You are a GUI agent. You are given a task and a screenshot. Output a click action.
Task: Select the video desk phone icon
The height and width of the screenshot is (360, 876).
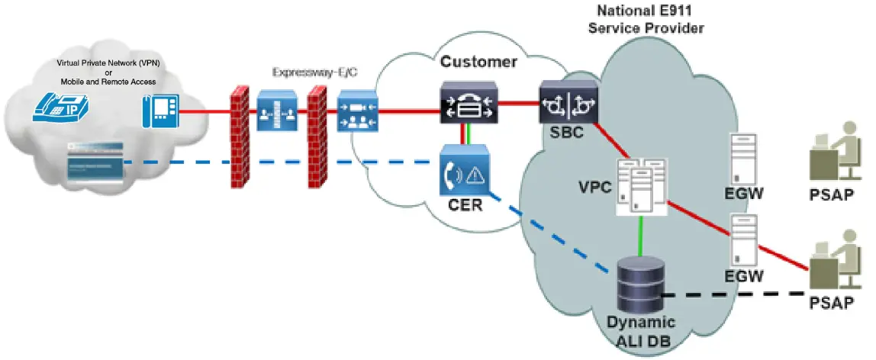[x=160, y=111]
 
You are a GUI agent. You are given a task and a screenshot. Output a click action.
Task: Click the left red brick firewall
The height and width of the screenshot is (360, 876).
[x=240, y=137]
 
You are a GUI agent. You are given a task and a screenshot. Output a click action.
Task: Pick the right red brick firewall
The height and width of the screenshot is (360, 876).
[x=318, y=137]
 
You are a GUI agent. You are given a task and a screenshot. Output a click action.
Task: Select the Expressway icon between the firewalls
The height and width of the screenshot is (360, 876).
[x=277, y=111]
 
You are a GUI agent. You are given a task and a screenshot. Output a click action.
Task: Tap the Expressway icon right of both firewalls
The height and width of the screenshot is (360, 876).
[x=357, y=111]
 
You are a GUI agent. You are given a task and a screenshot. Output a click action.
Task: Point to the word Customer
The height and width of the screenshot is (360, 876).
[x=478, y=62]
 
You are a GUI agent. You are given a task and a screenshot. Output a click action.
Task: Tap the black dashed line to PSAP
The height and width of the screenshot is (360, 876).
[x=733, y=294]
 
